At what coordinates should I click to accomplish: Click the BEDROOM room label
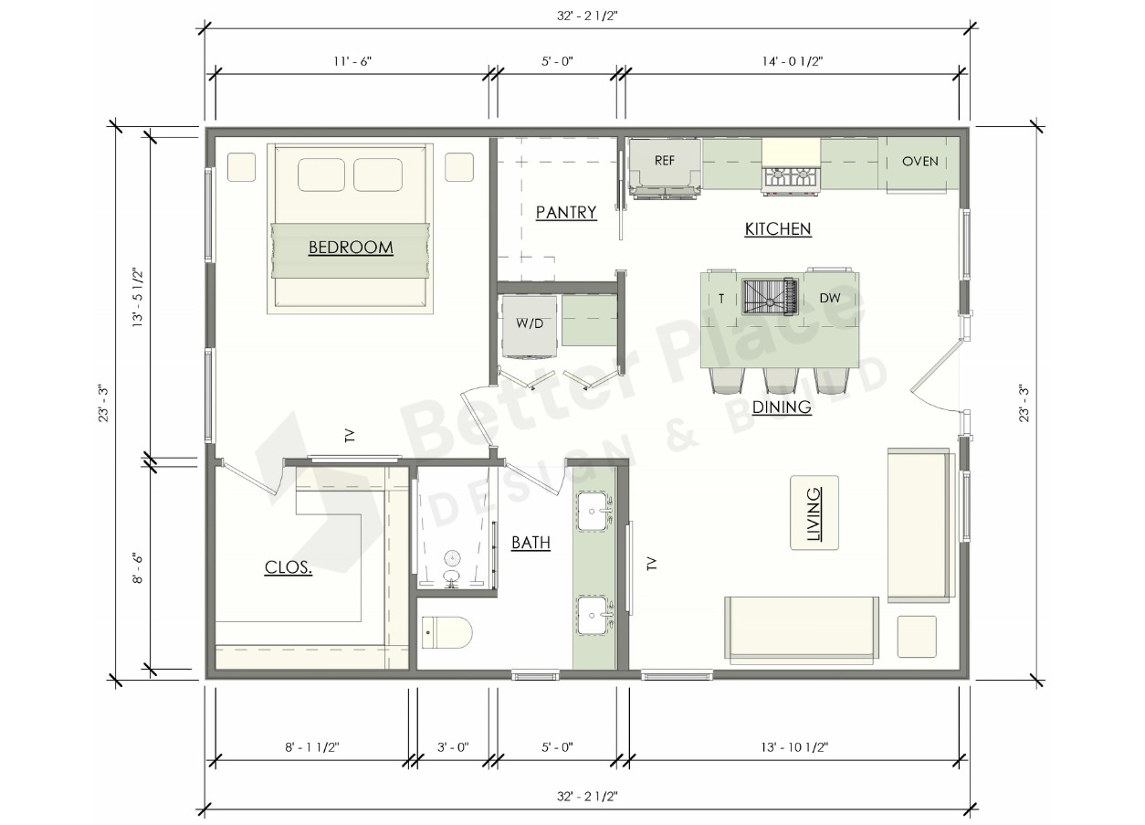(x=351, y=248)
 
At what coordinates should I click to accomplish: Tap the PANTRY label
(x=566, y=212)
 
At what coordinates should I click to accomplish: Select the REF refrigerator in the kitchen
(x=665, y=167)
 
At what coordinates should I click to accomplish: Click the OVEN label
(x=920, y=162)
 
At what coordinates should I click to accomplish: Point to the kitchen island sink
(x=770, y=296)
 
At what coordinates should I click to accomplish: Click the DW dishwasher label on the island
(x=830, y=298)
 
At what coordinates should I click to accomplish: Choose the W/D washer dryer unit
(x=530, y=327)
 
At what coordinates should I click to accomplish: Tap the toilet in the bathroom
(x=446, y=633)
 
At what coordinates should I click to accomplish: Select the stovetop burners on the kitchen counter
(x=791, y=178)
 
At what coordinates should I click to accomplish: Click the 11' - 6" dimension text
(x=352, y=61)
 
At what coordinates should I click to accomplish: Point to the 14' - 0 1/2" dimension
(x=793, y=61)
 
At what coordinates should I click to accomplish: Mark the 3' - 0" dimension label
(x=453, y=747)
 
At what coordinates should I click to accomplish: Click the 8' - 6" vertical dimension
(x=138, y=567)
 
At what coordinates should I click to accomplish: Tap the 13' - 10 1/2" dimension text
(x=794, y=747)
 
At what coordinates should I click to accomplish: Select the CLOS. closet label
(x=289, y=567)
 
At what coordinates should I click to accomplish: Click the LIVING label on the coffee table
(x=814, y=514)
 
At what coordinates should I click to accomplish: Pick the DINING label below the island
(x=783, y=407)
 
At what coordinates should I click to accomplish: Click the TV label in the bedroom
(x=350, y=436)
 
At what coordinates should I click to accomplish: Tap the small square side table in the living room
(x=917, y=636)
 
